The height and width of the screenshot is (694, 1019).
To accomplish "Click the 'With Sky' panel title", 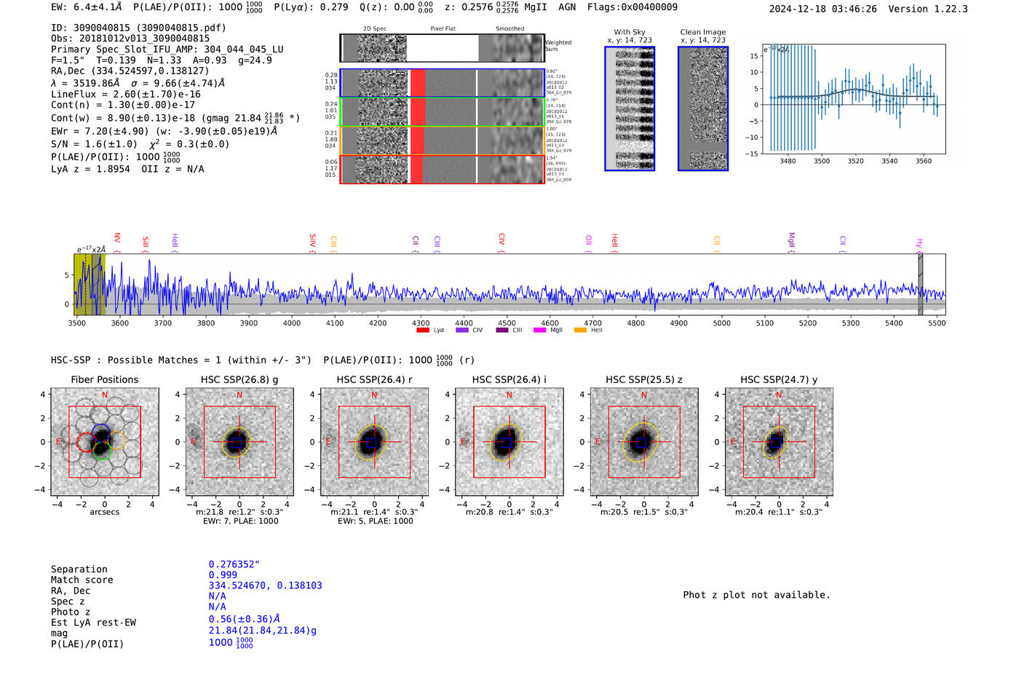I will click(x=630, y=32).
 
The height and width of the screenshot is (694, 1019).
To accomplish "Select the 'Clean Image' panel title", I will click(x=702, y=32).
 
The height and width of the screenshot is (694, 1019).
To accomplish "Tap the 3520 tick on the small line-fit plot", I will click(x=855, y=161).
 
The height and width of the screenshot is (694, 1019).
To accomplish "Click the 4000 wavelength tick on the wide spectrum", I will click(x=292, y=323).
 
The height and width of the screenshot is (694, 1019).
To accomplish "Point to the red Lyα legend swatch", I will click(x=423, y=330).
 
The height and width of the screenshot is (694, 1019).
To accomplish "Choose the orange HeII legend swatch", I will click(x=580, y=330).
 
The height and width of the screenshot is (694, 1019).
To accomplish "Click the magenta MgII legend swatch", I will click(x=539, y=330).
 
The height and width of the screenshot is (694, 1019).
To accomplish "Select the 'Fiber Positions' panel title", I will click(x=104, y=379).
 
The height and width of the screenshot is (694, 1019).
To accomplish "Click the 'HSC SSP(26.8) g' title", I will click(x=239, y=379).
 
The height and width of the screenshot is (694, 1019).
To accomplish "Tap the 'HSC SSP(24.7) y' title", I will click(x=779, y=379).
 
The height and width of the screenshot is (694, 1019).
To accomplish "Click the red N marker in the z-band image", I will click(x=644, y=395).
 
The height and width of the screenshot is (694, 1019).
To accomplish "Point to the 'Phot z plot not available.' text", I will click(x=756, y=595).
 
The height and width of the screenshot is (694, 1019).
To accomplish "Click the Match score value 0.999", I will click(x=223, y=575).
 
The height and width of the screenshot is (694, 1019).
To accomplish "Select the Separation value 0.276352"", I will click(x=234, y=564).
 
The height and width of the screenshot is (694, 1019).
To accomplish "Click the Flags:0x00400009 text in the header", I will click(x=632, y=7).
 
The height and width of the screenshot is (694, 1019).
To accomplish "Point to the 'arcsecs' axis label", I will click(x=104, y=512).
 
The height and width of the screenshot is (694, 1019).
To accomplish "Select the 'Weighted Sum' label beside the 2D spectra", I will click(x=558, y=46).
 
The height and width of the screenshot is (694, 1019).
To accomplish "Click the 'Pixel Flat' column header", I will click(x=443, y=28).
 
